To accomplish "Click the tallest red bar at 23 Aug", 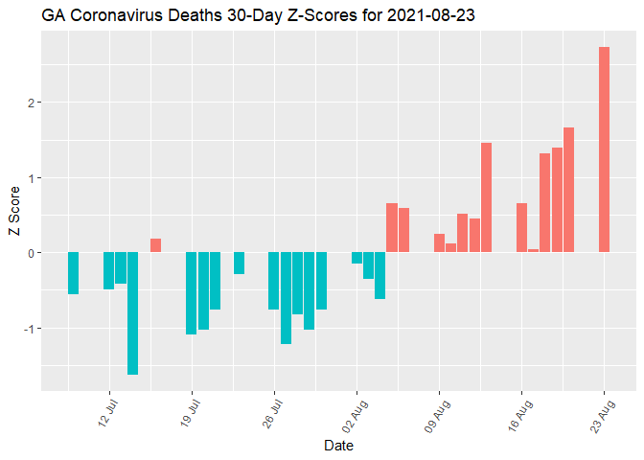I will (604, 149).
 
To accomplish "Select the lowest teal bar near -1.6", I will (132, 313).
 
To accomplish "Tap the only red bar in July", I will (155, 245).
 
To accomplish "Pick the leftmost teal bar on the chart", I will (73, 273).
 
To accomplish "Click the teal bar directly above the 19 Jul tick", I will (192, 293).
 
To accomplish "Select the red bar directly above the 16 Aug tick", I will (521, 228).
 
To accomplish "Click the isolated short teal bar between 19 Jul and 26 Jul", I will (239, 264).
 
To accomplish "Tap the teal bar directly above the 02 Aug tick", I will (356, 258).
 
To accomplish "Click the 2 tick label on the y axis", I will (32, 103).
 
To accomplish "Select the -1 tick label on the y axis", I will (29, 328).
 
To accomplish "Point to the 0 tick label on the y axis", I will (32, 253).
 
